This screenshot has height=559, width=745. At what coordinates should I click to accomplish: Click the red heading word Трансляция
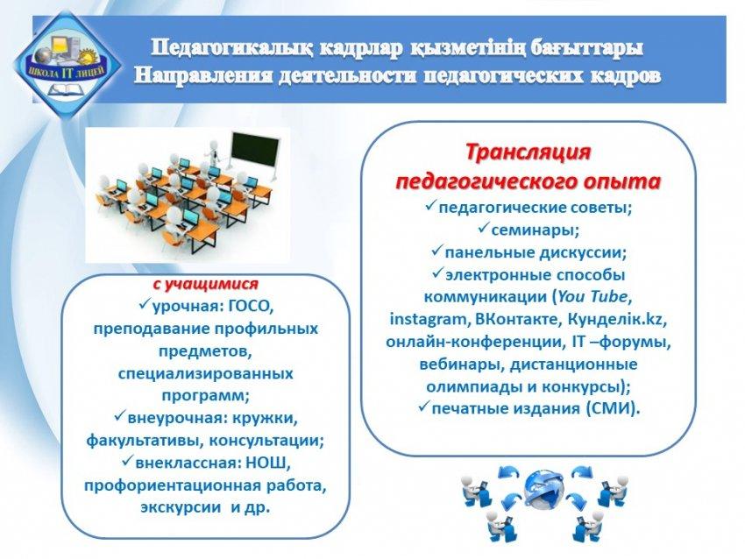pyautogui.click(x=528, y=153)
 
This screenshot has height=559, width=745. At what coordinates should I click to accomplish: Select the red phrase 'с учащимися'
pyautogui.click(x=205, y=285)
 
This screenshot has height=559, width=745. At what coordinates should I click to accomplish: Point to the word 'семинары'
pyautogui.click(x=534, y=230)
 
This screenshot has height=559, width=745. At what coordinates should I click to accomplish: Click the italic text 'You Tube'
pyautogui.click(x=592, y=297)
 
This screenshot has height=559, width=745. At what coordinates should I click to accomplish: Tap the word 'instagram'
pyautogui.click(x=428, y=320)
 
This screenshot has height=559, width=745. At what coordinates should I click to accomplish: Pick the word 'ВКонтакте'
pyautogui.click(x=516, y=319)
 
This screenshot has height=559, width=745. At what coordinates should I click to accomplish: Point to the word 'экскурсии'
pyautogui.click(x=181, y=507)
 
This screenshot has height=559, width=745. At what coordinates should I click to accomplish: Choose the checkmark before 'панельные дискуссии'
pyautogui.click(x=436, y=251)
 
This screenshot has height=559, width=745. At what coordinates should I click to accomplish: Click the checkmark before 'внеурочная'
pyautogui.click(x=119, y=417)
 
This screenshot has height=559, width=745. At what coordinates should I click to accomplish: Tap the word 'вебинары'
pyautogui.click(x=456, y=364)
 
